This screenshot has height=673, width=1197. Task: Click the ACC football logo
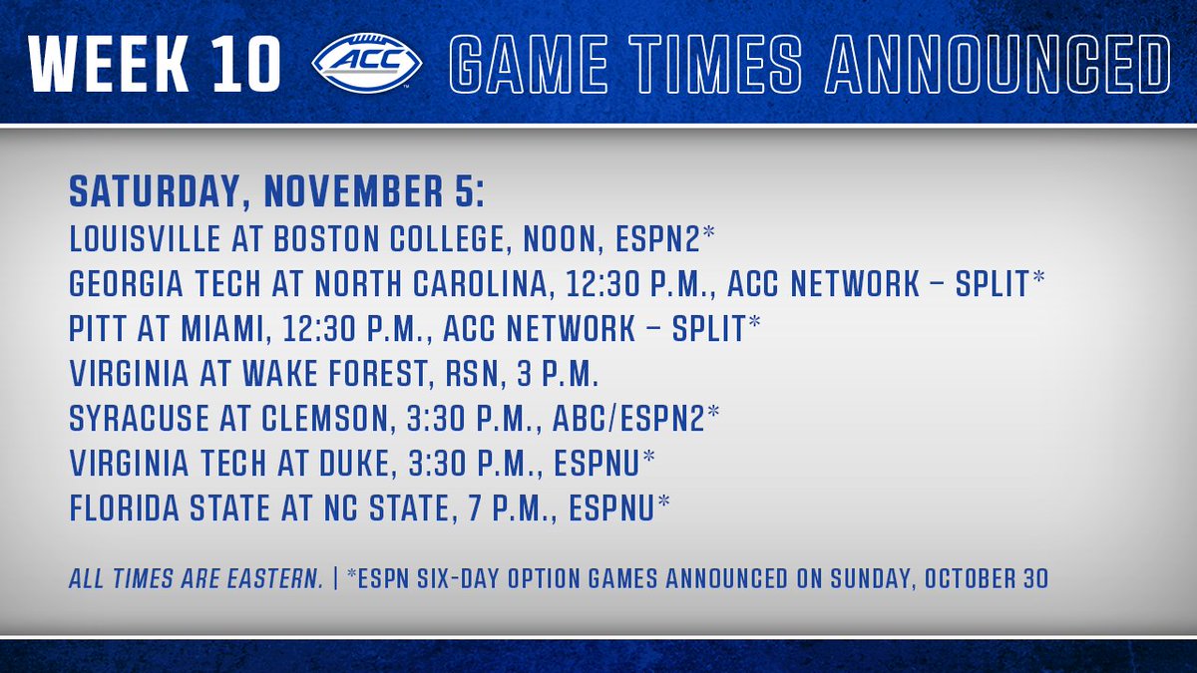[x=367, y=63]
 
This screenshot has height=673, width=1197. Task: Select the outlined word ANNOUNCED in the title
[x=998, y=65]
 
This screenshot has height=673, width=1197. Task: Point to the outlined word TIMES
[x=715, y=65]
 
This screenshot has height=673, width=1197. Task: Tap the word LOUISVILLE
[x=145, y=238]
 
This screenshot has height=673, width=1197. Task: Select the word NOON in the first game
[x=559, y=238]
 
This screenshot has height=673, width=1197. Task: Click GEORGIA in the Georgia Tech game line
[x=126, y=283]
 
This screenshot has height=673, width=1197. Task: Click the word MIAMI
[x=220, y=328]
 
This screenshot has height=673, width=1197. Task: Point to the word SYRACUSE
[x=139, y=418]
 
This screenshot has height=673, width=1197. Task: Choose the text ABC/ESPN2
[x=628, y=418]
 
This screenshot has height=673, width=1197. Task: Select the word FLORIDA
[x=125, y=507]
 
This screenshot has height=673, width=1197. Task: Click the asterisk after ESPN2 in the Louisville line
[x=708, y=233]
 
